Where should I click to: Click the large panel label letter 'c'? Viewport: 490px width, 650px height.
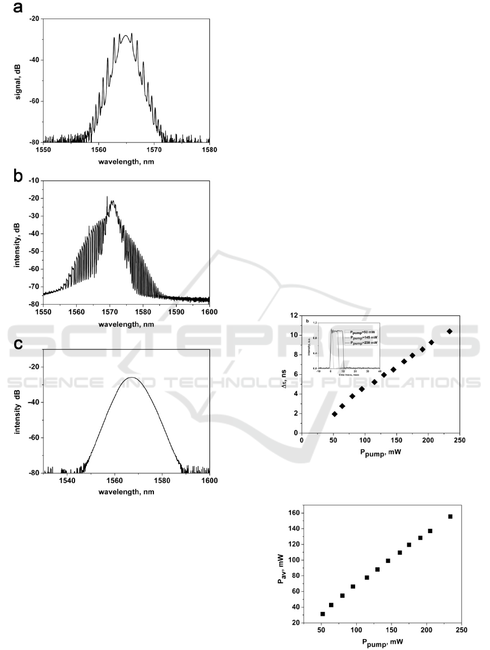pyautogui.click(x=18, y=345)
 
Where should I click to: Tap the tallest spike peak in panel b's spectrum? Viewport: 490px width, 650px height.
pyautogui.click(x=107, y=197)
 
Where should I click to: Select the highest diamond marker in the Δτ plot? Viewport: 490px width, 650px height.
pyautogui.click(x=449, y=331)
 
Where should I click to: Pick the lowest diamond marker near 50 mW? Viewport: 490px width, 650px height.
pyautogui.click(x=334, y=414)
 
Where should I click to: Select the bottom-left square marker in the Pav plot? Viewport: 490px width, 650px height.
pyautogui.click(x=322, y=614)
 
